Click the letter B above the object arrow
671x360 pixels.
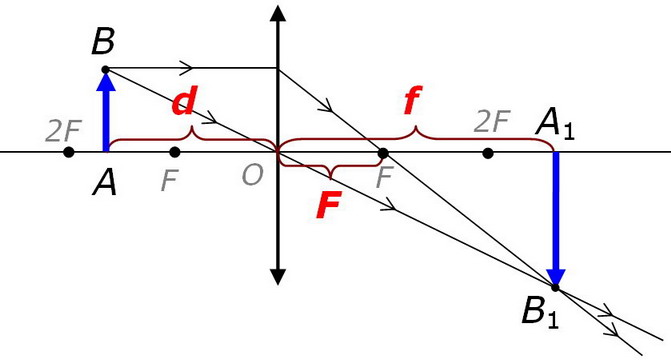click(103, 42)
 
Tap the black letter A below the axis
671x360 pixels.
click(104, 184)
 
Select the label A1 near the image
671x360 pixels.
click(555, 125)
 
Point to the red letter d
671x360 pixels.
click(184, 101)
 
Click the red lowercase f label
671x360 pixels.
click(413, 100)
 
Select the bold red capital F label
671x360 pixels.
click(329, 205)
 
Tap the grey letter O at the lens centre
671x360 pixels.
click(252, 175)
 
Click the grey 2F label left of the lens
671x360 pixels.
click(64, 131)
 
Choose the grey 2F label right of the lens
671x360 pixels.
click(493, 121)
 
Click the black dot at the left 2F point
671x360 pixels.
click(68, 152)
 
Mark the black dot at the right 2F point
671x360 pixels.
click(487, 153)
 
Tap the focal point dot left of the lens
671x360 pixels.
click(175, 152)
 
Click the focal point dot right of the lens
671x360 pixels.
click(383, 153)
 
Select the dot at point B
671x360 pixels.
click(106, 69)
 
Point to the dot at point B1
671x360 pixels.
click(555, 288)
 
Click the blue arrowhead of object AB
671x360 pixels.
click(106, 82)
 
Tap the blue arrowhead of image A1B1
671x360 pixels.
click(556, 277)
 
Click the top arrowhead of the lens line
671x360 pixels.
click(278, 14)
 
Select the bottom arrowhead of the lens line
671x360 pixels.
click(278, 277)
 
